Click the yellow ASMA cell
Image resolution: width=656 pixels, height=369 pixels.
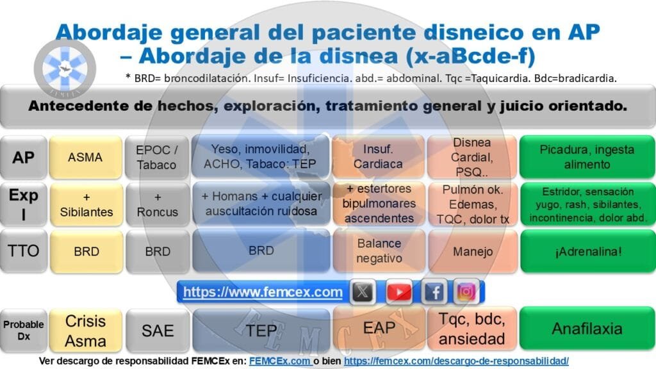click(85, 158)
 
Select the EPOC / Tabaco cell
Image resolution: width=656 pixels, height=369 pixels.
click(157, 158)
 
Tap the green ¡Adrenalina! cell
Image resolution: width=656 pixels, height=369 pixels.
click(587, 251)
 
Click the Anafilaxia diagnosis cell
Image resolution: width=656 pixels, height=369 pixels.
click(587, 329)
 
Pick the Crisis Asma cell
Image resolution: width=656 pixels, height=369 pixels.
click(85, 331)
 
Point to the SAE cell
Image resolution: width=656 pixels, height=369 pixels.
click(158, 331)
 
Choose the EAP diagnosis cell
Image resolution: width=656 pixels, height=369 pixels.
click(379, 328)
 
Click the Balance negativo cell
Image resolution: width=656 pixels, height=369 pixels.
click(379, 251)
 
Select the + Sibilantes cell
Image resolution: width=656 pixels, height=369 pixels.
click(86, 204)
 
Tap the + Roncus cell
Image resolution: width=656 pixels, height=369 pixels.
click(158, 204)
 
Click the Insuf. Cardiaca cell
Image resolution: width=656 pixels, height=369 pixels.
click(378, 158)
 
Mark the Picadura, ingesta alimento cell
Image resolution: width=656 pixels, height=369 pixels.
click(587, 158)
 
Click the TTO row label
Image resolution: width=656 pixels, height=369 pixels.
click(24, 251)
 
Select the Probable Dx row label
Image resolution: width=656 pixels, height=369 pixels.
click(24, 331)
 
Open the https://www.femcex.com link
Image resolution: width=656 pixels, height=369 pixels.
click(263, 291)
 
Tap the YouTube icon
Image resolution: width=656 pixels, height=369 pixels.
click(398, 291)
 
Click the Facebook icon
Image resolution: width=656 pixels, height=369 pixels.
click(434, 291)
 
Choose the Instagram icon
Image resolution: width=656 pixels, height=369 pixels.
click(466, 291)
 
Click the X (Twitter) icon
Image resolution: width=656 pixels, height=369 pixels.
click(363, 291)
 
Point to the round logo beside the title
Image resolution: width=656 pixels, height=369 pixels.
click(65, 69)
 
